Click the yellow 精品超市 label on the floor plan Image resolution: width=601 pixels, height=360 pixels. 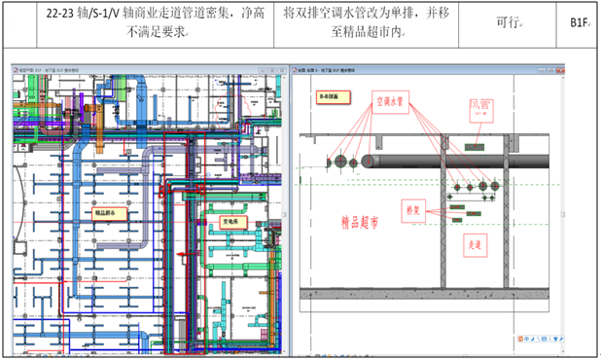click(x=111, y=211)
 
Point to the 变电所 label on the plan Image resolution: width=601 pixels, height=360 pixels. click(x=230, y=222)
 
